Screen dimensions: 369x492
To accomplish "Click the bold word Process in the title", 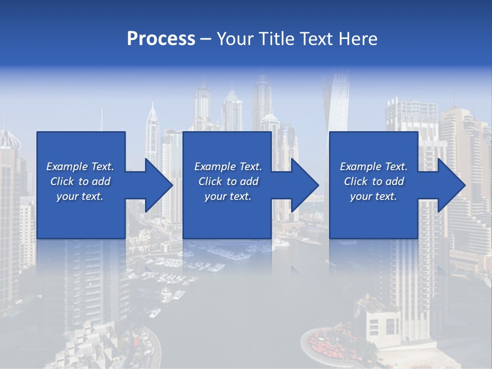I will [x=161, y=39].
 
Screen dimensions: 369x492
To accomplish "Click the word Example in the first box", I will [x=67, y=167].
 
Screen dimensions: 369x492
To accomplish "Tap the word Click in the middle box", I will [x=210, y=181].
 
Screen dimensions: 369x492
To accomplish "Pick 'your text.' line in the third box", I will [x=373, y=196].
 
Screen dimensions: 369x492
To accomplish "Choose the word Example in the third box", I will [x=360, y=167].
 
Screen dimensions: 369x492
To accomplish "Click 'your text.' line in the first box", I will [x=79, y=196].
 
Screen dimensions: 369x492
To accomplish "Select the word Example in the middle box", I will [x=215, y=167].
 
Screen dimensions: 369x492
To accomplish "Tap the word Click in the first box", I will [x=61, y=181].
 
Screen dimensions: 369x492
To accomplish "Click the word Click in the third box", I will [x=355, y=181].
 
